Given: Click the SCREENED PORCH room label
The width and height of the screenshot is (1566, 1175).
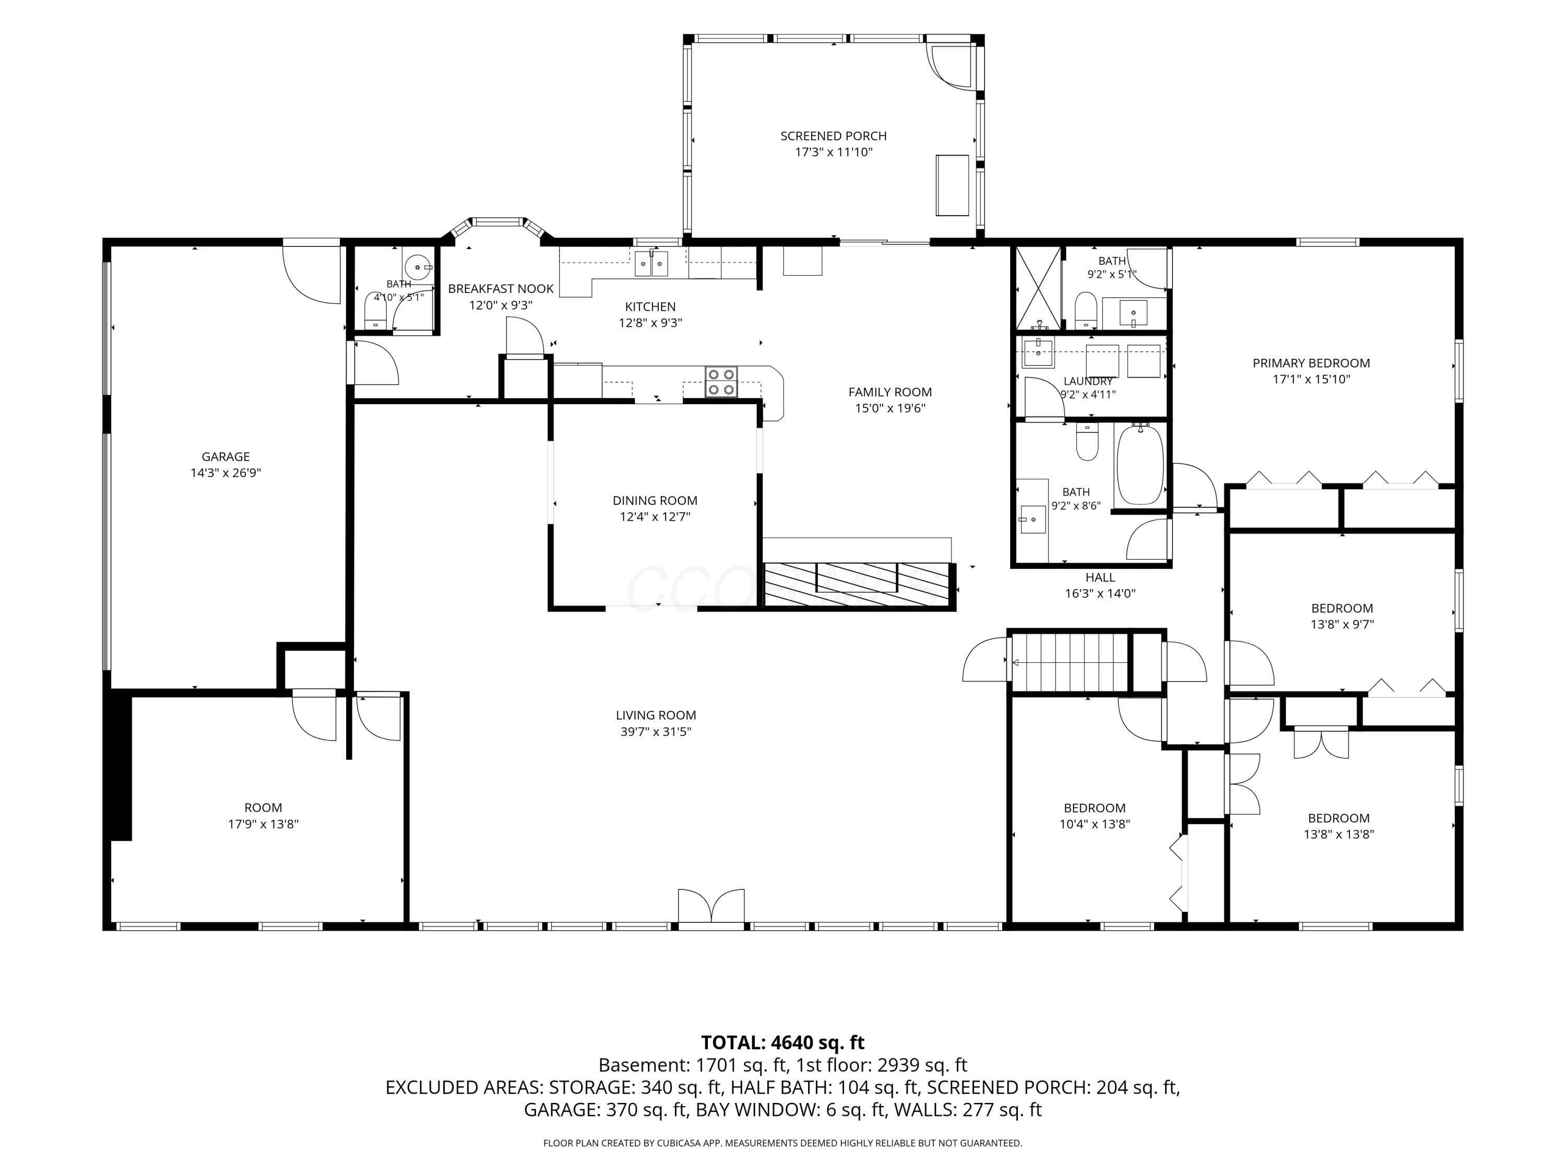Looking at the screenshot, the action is (833, 136).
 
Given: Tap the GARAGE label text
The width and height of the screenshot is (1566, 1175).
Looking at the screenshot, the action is (226, 457).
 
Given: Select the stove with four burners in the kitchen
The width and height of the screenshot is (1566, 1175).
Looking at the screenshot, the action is (721, 382).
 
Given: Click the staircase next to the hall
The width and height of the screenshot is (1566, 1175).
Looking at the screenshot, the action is (1069, 662).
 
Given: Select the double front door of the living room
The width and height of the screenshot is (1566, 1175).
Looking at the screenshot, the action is (711, 907).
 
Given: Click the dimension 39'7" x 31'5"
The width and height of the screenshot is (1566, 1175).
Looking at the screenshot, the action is (656, 732).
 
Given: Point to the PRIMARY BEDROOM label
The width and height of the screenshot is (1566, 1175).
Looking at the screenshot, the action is (1311, 363).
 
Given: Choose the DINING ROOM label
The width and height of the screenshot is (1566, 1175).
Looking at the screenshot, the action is (655, 501).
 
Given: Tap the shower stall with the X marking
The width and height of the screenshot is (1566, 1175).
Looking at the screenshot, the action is (1038, 288).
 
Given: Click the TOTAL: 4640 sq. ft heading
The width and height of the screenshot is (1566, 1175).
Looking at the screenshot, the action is (782, 1042).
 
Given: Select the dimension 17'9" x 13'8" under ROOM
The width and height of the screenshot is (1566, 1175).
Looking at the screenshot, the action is (264, 824).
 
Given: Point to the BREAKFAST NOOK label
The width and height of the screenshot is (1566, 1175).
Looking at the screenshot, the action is (501, 289).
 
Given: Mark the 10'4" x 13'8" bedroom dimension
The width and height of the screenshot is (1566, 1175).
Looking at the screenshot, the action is (1095, 824).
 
